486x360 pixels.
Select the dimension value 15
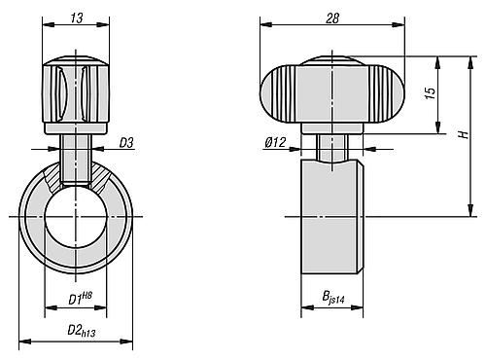coord(429,95)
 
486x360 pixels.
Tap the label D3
coord(125,144)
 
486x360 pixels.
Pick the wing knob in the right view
coord(331,91)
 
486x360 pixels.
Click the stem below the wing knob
coord(332,146)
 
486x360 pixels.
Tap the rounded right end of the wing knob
coord(388,93)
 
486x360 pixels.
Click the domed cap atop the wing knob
coord(331,62)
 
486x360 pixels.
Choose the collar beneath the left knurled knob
coord(75,126)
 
